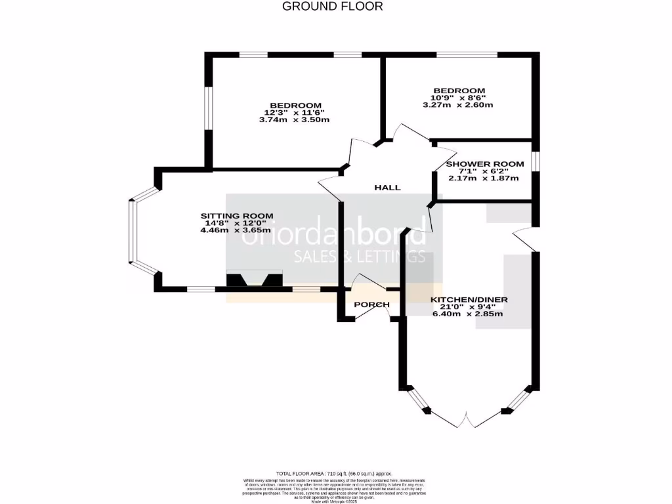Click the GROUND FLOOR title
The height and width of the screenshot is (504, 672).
point(332,7)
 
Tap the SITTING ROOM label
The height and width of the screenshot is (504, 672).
point(237,216)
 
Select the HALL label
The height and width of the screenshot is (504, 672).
point(387,188)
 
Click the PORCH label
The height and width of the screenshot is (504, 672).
point(371,304)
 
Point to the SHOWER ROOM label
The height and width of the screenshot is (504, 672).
point(484,164)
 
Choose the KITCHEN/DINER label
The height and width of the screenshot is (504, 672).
point(469,300)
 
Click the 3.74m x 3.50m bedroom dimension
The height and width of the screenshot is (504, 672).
point(293,120)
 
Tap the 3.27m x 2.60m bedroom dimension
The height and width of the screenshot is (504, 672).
point(458,105)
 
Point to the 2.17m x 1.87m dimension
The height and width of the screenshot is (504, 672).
point(483,178)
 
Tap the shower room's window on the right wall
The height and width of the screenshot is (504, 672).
point(535,161)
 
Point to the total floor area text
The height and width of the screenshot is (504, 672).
point(334,473)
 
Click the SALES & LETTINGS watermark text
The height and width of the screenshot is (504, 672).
point(359,256)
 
